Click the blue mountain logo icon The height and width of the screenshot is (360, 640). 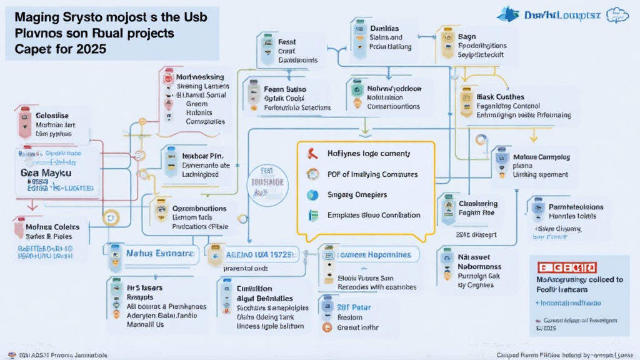click(x=508, y=14)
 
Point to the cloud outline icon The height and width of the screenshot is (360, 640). click(x=621, y=14)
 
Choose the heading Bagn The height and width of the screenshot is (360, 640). click(x=467, y=36)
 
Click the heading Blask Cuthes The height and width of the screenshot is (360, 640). click(x=501, y=96)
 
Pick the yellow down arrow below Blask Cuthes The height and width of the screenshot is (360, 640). click(x=533, y=135)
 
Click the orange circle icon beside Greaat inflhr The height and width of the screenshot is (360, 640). click(x=325, y=327)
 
